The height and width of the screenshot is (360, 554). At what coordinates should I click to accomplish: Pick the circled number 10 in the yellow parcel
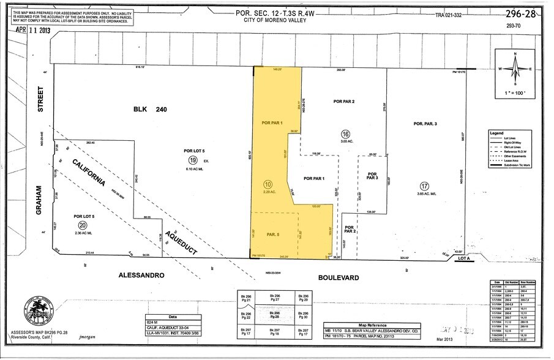(268, 184)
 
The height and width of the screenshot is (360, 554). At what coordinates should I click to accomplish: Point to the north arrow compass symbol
(515, 69)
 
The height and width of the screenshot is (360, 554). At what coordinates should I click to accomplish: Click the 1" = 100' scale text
(516, 92)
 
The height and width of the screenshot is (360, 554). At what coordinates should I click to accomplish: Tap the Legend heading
(496, 132)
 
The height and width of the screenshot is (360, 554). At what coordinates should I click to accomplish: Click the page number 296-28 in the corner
(520, 12)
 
